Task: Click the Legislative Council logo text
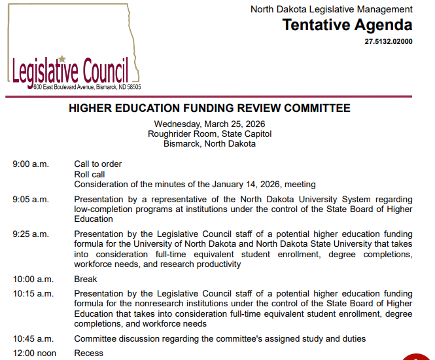(69, 71)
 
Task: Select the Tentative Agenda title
(347, 26)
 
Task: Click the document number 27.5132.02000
(389, 41)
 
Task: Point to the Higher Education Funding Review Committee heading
(209, 108)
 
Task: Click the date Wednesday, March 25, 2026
(209, 124)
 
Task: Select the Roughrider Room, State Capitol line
(209, 134)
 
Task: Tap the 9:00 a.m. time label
(30, 164)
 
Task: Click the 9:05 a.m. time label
(30, 200)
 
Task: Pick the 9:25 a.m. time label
(30, 234)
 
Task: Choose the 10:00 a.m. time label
(32, 279)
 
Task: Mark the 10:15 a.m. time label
(32, 294)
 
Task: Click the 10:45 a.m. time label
(32, 339)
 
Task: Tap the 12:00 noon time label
(34, 353)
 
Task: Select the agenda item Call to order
(98, 164)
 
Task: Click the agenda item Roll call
(90, 175)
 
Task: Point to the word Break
(86, 279)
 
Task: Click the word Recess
(88, 353)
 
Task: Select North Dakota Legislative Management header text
(332, 9)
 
